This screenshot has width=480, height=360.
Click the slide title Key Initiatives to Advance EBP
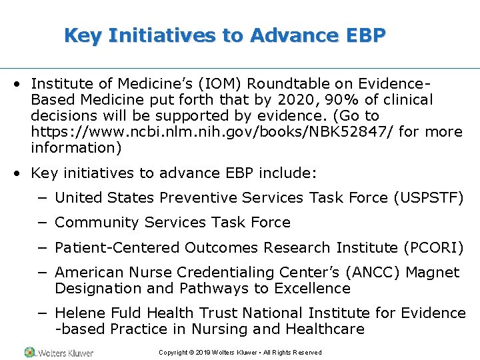coord(225,35)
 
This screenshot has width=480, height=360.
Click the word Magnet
coord(433,272)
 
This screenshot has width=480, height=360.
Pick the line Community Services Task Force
coord(173,223)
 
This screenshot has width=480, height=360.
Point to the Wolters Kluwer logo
coord(59,351)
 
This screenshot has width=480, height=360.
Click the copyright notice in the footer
coord(240,352)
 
